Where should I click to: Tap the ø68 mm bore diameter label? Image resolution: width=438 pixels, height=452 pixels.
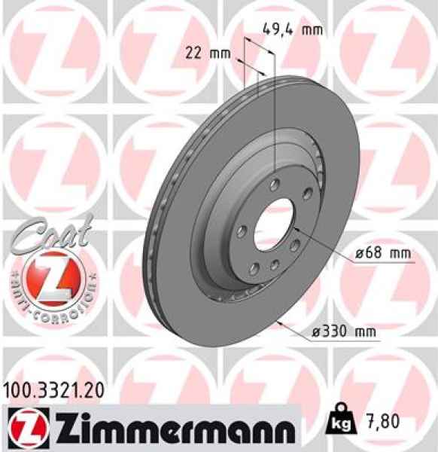[x=384, y=254]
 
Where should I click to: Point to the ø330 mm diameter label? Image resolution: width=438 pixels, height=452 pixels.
[x=351, y=330]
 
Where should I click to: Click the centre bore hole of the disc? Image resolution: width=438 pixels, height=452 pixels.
[x=275, y=223]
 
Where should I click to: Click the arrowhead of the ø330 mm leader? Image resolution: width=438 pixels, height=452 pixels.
[x=279, y=322]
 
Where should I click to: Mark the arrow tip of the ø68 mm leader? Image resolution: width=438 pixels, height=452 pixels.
[x=297, y=225]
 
